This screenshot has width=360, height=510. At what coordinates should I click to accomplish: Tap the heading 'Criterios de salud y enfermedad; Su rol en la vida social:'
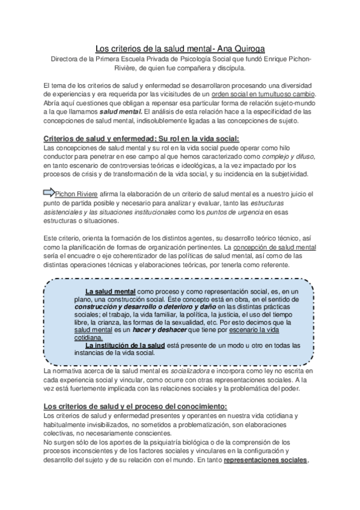142,138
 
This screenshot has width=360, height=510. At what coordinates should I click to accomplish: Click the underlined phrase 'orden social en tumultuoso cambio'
268,95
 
